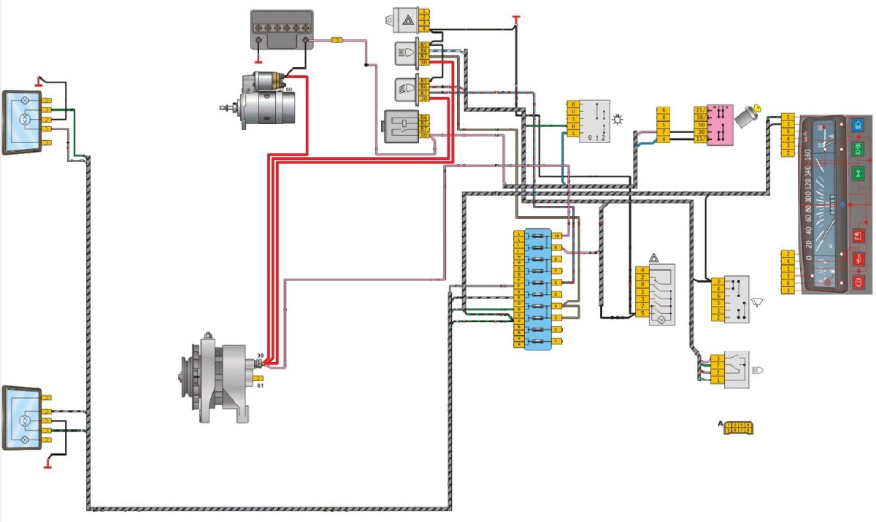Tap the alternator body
click(x=219, y=377)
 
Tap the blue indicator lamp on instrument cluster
click(x=858, y=126)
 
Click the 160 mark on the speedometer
click(x=808, y=156)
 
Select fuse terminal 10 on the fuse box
click(x=557, y=237)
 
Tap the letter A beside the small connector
click(x=721, y=423)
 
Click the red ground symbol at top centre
click(x=516, y=16)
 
